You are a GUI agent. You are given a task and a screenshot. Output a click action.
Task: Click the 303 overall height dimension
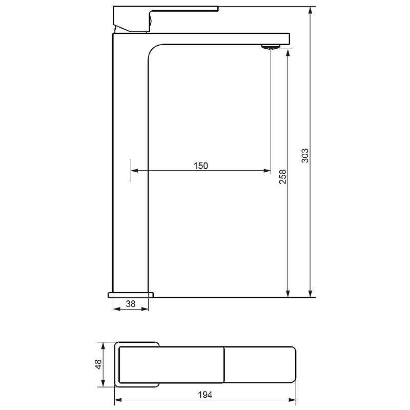click(x=305, y=156)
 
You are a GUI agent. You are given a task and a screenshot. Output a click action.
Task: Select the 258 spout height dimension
click(x=283, y=177)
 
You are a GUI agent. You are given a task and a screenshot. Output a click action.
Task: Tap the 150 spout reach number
click(x=201, y=166)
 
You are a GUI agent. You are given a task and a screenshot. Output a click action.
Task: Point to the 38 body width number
click(x=131, y=304)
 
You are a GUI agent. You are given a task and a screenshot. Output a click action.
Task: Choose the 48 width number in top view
click(x=98, y=364)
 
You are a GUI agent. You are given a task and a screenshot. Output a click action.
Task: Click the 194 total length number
click(x=205, y=395)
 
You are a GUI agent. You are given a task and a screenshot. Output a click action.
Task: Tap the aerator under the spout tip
click(x=271, y=47)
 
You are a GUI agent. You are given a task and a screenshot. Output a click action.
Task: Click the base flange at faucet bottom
click(x=131, y=295)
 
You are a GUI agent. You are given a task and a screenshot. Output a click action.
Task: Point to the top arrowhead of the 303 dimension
click(x=311, y=10)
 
